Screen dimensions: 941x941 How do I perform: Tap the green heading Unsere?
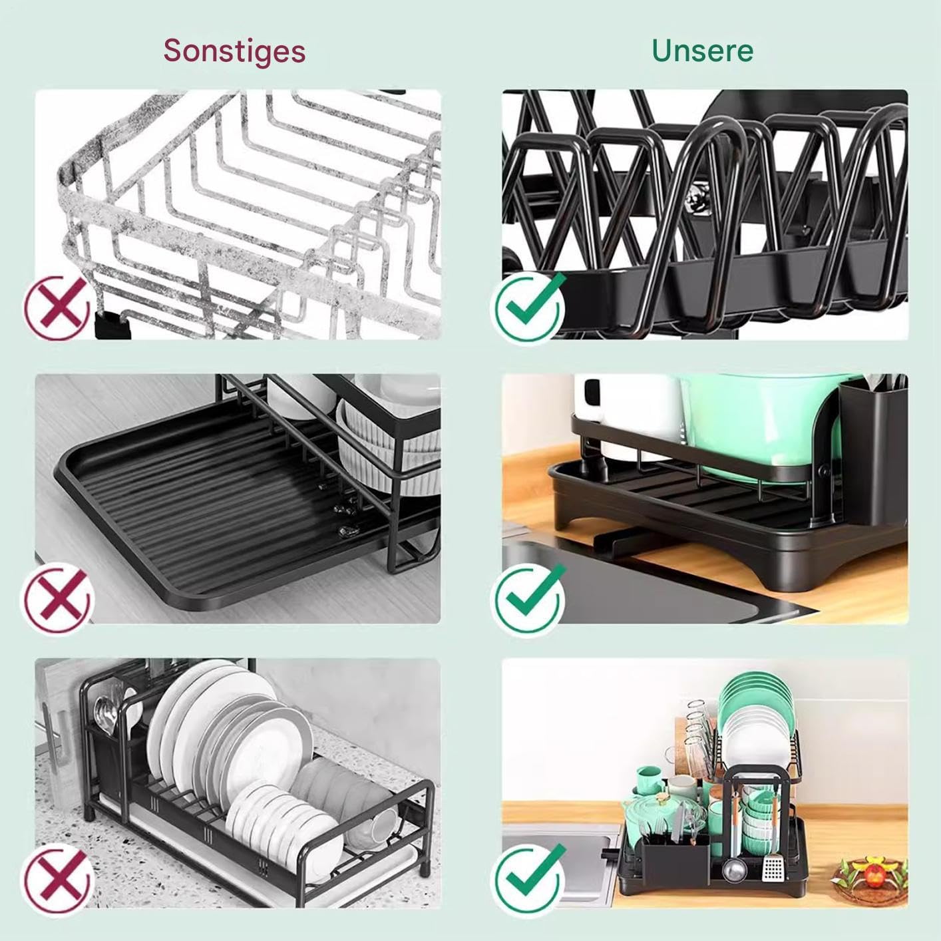point(702,51)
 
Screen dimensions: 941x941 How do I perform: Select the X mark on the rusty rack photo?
point(58,307)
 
